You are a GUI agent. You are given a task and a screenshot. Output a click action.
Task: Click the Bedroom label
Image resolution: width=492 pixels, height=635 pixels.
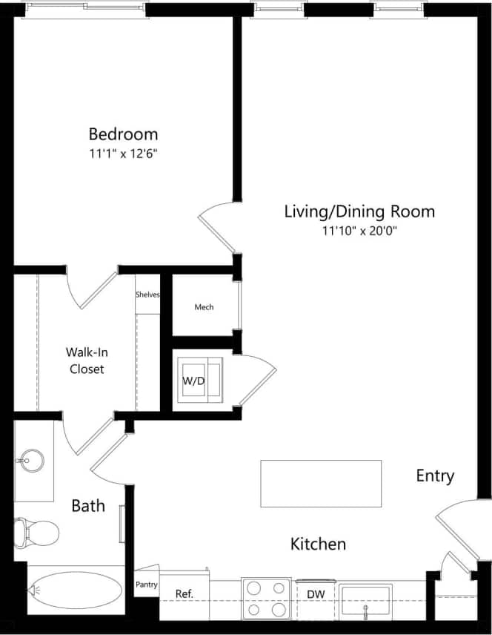pos(123,134)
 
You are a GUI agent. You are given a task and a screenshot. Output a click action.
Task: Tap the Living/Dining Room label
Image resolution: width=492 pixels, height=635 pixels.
pos(359,211)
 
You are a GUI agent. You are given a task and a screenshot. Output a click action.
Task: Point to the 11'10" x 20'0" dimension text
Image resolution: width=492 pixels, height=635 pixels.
pos(359,231)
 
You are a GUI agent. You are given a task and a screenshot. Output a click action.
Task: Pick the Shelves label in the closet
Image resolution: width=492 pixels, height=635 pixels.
pos(147,295)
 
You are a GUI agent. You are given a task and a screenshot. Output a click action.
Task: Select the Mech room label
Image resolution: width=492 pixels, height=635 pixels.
pos(204,307)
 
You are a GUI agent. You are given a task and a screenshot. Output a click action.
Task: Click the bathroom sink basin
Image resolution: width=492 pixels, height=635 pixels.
pos(30,460)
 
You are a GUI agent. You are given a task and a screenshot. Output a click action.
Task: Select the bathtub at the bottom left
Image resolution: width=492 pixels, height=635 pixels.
pos(75,590)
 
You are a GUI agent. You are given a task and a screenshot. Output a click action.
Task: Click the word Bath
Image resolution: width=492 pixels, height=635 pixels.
pos(87,507)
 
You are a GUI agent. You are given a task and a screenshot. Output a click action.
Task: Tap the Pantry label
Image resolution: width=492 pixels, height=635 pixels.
pos(147,585)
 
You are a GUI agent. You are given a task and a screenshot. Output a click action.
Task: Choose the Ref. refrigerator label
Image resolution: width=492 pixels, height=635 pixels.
pos(184,593)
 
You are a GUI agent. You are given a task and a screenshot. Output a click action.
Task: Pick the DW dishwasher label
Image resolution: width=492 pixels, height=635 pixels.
pos(316,594)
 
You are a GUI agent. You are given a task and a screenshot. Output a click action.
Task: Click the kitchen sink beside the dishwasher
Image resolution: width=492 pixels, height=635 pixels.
pos(365,600)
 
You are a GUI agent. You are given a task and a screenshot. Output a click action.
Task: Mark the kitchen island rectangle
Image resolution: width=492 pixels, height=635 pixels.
pos(321,484)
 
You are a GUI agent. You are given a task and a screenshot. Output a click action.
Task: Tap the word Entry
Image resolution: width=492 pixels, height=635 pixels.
pos(435,476)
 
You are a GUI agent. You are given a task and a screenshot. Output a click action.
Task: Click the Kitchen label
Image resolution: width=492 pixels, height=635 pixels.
pos(317,544)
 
